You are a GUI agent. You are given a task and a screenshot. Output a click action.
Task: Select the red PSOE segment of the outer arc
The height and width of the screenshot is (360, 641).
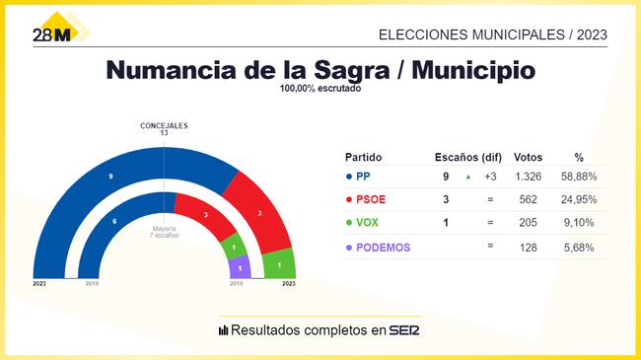point(259,214)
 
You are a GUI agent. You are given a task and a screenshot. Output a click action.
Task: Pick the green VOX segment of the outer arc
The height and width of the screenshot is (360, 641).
point(279,264)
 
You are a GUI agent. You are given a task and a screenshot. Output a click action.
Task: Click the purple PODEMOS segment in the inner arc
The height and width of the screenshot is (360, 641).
point(239,267)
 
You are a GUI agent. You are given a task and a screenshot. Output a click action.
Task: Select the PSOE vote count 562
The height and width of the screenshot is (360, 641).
point(529,200)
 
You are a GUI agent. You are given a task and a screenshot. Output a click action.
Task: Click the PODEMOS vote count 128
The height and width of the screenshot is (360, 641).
point(529,247)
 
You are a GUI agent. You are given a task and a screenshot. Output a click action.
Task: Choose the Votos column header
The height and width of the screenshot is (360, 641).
point(529,157)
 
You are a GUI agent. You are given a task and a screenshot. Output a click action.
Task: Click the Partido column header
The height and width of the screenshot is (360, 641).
point(363,157)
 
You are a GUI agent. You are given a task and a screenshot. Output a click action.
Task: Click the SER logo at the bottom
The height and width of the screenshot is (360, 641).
point(404,329)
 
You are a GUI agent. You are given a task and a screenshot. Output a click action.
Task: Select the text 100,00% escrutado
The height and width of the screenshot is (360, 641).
point(320,89)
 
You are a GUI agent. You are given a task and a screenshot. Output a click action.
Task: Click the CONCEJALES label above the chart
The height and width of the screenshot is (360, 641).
point(164,125)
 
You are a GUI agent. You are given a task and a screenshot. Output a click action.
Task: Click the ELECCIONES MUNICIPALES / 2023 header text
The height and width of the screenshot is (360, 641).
point(493,34)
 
